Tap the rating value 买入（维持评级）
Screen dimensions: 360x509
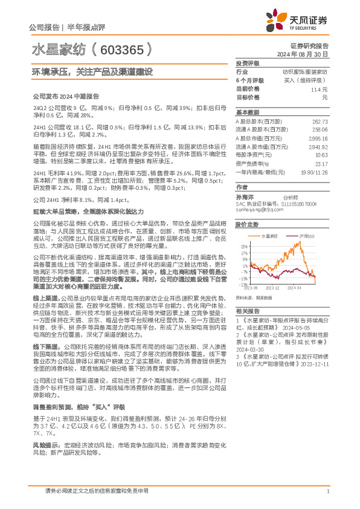[308, 80]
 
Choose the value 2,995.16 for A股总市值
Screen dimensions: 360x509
[318, 138]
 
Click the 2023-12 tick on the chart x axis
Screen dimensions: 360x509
[272, 288]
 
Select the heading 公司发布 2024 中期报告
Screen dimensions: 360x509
[65, 96]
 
